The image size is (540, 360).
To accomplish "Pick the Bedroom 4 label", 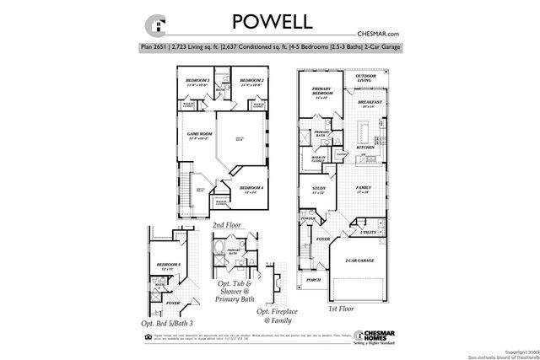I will pos(251,188).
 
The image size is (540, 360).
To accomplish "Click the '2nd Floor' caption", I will pos(229,225).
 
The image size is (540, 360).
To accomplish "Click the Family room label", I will pos(364,188).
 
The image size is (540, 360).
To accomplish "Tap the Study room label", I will pos(318,189).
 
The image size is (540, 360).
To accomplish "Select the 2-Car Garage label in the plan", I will pos(358,263).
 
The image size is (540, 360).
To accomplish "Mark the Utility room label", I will pos(369,232).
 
